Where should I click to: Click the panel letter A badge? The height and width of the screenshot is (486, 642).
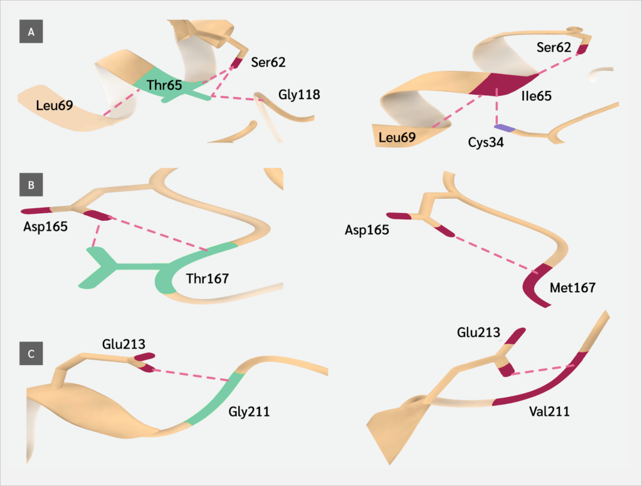tap(31, 31)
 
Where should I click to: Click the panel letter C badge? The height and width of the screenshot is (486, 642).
tap(31, 354)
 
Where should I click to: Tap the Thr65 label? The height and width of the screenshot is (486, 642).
tap(164, 85)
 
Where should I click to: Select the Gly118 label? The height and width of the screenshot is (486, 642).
tap(299, 95)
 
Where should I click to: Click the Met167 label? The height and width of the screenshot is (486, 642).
tap(571, 288)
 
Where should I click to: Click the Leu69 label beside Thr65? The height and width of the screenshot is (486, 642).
tap(54, 105)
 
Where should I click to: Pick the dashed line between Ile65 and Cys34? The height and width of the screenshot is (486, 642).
tap(497, 110)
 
